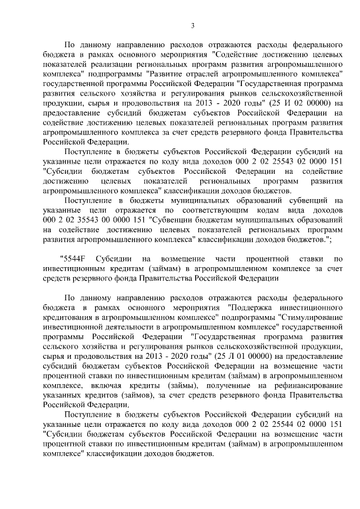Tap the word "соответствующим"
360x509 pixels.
point(195,210)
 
